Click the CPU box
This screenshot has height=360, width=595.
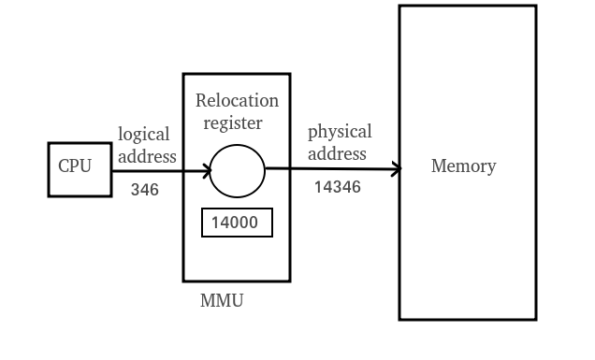click(80, 169)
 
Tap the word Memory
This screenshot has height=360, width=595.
click(463, 166)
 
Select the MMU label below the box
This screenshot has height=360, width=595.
click(222, 301)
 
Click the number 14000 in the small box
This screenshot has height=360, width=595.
click(237, 223)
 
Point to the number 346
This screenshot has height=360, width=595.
click(144, 190)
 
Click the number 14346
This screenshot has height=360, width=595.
click(337, 187)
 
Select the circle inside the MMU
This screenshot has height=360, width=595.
click(237, 171)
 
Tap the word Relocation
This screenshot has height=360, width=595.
click(237, 100)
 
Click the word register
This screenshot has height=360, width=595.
click(234, 122)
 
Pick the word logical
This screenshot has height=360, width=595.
click(143, 135)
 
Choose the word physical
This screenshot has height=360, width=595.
click(340, 132)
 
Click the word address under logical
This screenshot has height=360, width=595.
click(146, 156)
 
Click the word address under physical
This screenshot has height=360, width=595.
click(337, 153)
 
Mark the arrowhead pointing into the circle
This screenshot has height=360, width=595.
click(206, 171)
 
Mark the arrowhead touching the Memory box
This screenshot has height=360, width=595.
click(396, 169)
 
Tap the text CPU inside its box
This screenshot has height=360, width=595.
click(75, 166)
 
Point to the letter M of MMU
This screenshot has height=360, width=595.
click(207, 301)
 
